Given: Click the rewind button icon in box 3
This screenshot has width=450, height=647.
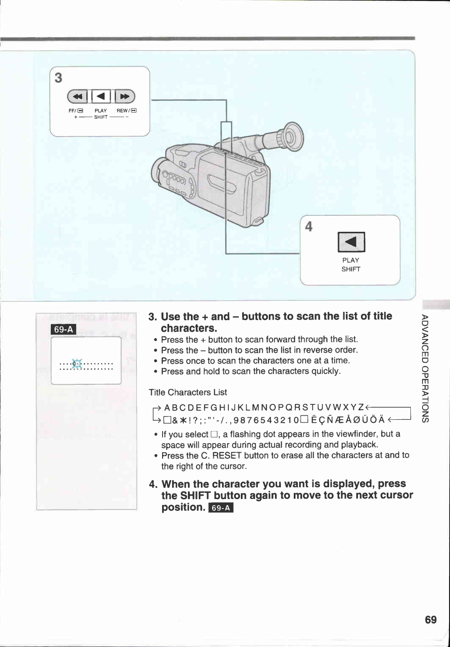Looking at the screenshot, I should coord(77,97).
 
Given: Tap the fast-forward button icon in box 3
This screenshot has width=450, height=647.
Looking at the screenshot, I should coord(125,97).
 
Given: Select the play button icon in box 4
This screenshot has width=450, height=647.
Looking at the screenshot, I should coord(351,242).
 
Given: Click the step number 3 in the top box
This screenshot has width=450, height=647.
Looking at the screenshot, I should coord(59,78).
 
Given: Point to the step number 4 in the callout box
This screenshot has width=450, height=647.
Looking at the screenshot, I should coord(309,226).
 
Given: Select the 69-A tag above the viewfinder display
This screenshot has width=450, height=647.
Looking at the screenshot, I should coord(64,329).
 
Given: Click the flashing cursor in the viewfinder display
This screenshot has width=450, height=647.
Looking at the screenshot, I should coord(77,364).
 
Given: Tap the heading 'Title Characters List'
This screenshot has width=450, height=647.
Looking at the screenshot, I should coord(188,392).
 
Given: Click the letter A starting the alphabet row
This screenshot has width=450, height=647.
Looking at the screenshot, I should coord(167,407).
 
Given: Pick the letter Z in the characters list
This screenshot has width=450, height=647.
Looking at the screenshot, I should coord(360,407).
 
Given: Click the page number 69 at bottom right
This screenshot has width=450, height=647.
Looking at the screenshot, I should coord(430,620).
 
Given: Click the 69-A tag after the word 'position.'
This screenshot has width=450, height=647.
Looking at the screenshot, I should coord(221,508).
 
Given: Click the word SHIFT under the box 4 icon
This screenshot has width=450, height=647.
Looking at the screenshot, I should coord(351,269).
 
